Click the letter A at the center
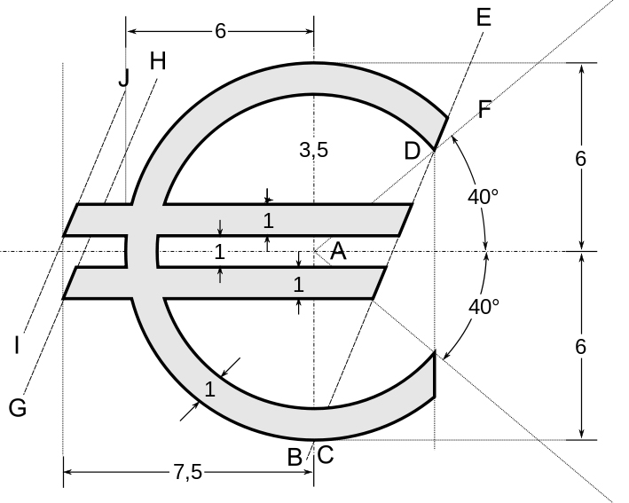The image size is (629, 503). coord(338,252)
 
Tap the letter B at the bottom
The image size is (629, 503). coord(295,457)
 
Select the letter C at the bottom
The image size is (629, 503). coord(326,455)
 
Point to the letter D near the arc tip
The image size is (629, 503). coord(412,152)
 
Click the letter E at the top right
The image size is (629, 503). coord(484,18)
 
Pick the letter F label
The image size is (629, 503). coord(485,109)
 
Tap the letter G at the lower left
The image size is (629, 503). coord(18,408)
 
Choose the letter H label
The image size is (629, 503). coord(158,61)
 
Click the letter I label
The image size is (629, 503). coord(17,345)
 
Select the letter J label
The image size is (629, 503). coord(124,78)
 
